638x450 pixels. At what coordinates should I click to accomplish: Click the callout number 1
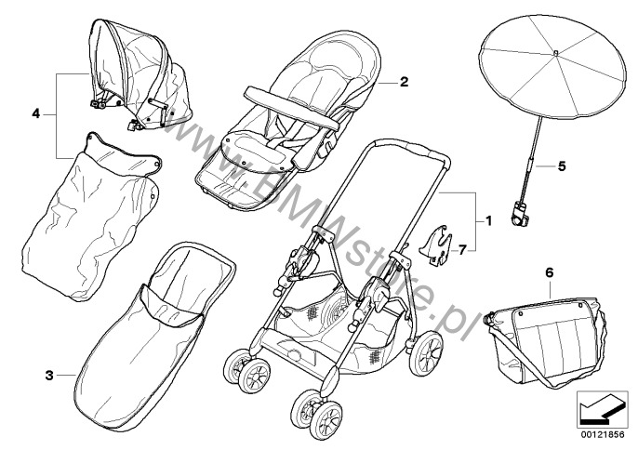click(488, 221)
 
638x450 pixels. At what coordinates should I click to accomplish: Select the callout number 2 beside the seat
click(404, 82)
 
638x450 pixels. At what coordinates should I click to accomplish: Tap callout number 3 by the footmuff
click(49, 375)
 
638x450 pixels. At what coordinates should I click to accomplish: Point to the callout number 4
click(36, 114)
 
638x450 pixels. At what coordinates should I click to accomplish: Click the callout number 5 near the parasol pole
click(562, 166)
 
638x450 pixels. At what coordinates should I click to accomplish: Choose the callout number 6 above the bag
click(550, 272)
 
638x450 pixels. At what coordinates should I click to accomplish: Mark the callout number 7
click(462, 249)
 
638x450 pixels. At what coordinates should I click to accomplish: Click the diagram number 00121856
click(603, 434)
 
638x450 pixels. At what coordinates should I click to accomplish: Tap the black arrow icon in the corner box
click(602, 408)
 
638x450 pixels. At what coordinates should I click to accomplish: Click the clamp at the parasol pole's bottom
click(520, 215)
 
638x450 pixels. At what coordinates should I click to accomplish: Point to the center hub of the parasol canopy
click(555, 53)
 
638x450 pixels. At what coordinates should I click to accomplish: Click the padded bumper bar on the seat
click(291, 108)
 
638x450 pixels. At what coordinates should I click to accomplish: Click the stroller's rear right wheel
click(426, 352)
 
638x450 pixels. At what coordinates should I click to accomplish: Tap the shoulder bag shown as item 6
click(545, 342)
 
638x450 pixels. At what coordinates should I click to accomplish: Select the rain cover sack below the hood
click(90, 218)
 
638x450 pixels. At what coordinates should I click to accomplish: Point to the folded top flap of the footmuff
click(171, 307)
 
